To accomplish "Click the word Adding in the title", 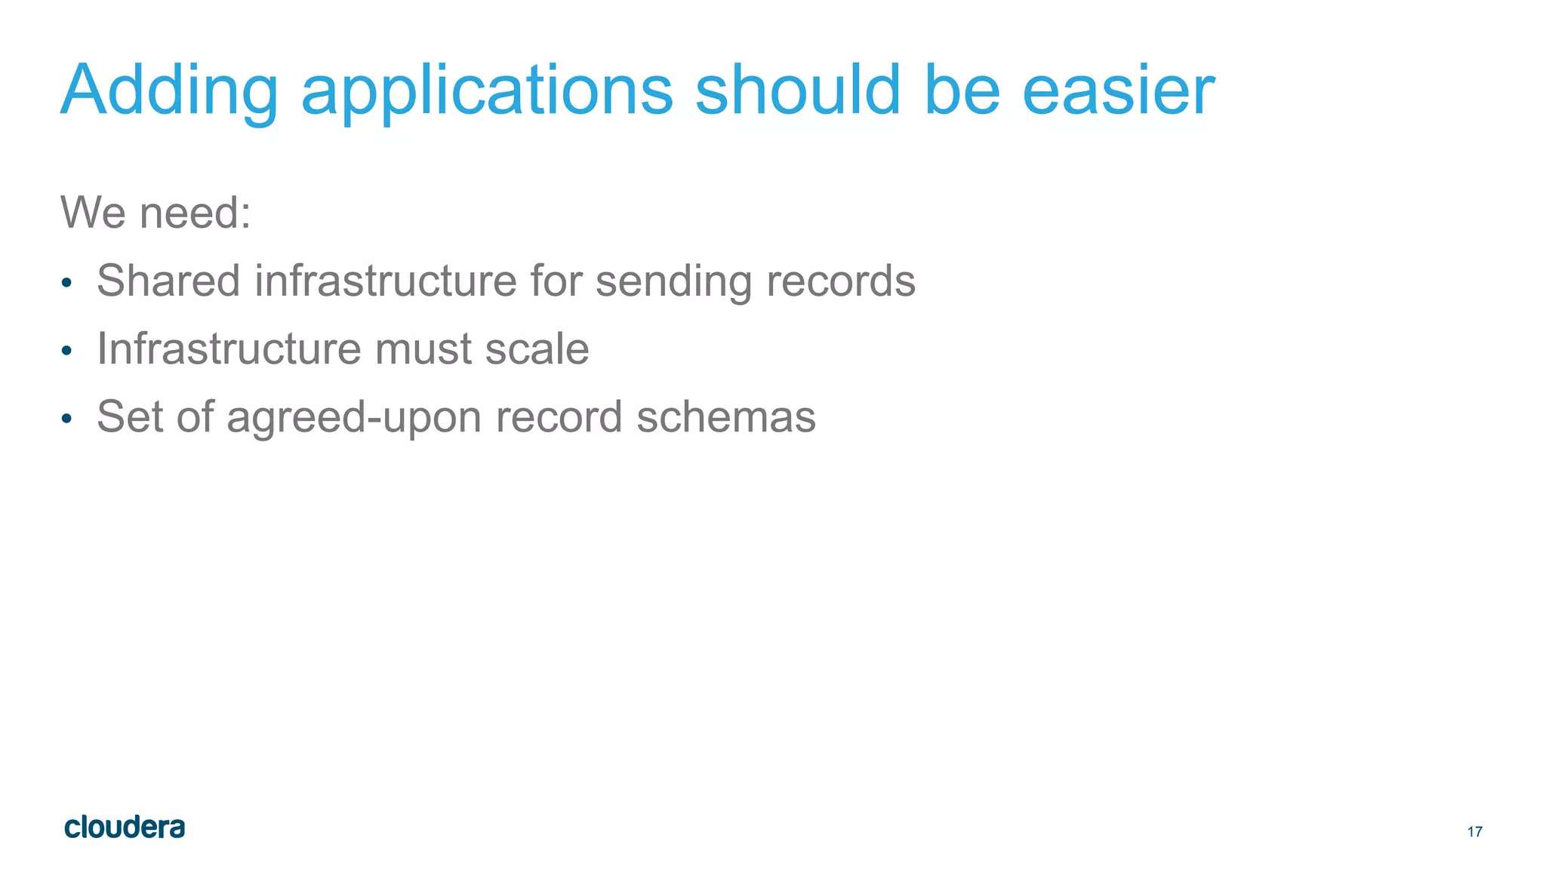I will [x=169, y=91].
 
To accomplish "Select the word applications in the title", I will [x=487, y=91].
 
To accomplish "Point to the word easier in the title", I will [x=1118, y=91].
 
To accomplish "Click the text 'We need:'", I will [x=156, y=212].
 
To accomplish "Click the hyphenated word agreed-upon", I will [x=354, y=418].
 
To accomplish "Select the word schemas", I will [x=726, y=416].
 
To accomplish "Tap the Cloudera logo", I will [x=125, y=828].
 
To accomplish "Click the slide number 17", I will [x=1474, y=832].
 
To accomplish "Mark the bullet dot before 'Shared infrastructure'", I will [x=66, y=283].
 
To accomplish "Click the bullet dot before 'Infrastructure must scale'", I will [x=66, y=351].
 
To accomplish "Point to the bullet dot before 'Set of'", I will [x=66, y=419].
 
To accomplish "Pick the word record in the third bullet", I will [x=559, y=416].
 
